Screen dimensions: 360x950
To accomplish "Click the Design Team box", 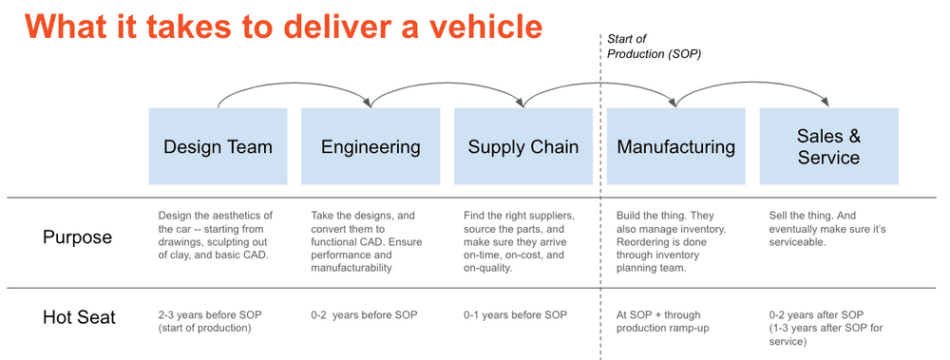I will [x=218, y=146].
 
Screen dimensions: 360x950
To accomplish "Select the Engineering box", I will [x=370, y=146].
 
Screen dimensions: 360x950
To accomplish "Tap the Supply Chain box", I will [x=523, y=146].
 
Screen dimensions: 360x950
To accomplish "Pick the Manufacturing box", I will [x=675, y=146].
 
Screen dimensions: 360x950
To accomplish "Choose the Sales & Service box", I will [x=828, y=146].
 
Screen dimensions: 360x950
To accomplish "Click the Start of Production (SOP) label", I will [x=654, y=47].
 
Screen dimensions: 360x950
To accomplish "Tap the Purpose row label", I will [x=77, y=237].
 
